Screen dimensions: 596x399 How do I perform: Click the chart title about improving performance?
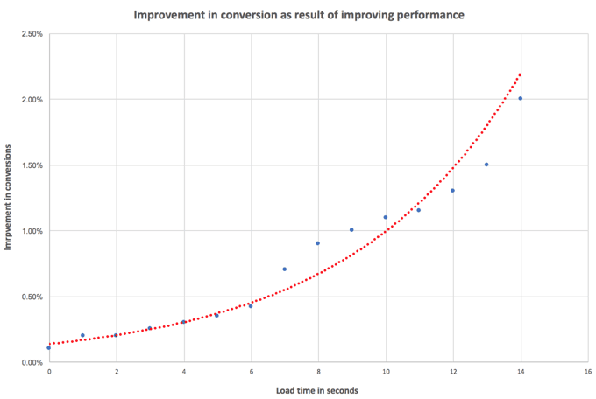tap(299, 15)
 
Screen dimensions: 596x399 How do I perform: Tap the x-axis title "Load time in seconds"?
tap(317, 390)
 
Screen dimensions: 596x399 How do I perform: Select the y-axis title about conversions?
tap(8, 198)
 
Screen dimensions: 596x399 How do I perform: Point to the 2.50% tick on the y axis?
tap(32, 34)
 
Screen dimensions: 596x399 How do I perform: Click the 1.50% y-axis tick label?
tap(32, 165)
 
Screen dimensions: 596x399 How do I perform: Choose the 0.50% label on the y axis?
tap(32, 297)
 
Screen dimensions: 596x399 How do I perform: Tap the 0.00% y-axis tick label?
tap(32, 362)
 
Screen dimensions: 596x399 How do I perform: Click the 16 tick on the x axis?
tap(588, 372)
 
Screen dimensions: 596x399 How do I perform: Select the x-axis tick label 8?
tap(318, 372)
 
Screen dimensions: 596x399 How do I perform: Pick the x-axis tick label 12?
tap(453, 372)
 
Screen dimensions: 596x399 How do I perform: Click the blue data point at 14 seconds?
tap(521, 98)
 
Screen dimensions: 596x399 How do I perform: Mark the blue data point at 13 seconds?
tap(486, 164)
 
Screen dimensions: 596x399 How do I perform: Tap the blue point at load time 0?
tap(49, 347)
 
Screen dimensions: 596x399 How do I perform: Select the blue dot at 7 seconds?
tap(284, 269)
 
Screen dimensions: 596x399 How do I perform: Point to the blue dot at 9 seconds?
tap(351, 229)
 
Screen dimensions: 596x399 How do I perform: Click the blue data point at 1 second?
tap(82, 335)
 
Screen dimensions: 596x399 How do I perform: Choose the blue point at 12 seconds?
tap(453, 191)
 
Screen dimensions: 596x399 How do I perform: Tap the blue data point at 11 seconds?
tap(419, 210)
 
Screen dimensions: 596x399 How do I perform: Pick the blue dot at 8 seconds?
tap(318, 243)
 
